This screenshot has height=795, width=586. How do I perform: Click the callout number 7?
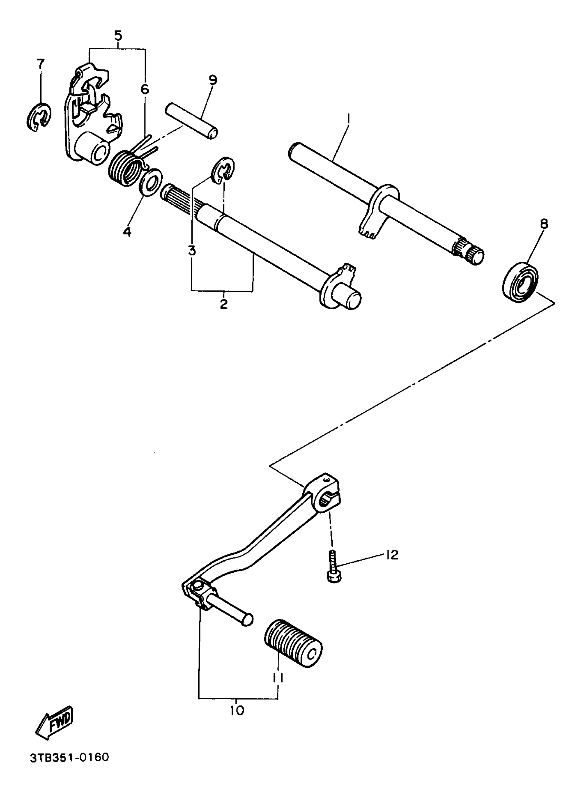point(40,64)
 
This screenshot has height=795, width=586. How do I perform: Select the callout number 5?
point(118,36)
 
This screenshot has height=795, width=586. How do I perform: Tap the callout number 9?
point(213,80)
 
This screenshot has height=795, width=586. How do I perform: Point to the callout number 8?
point(544,224)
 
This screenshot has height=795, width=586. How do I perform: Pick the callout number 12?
point(392,555)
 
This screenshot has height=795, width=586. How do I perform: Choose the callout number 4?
point(127,232)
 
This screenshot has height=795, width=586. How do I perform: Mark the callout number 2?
point(223,304)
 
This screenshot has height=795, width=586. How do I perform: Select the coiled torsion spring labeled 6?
point(124,168)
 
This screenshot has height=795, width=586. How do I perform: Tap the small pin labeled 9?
point(191,121)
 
